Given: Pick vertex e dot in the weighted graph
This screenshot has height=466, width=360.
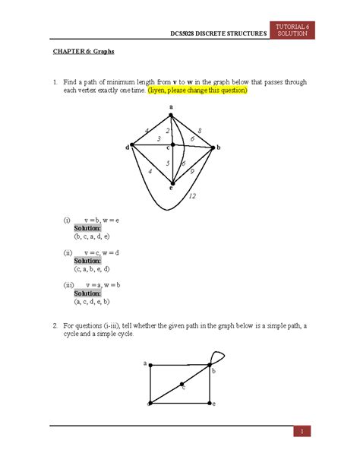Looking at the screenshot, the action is click(173, 183).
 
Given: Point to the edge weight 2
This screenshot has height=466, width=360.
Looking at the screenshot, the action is click(168, 131).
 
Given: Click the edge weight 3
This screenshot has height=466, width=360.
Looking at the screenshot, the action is click(158, 139).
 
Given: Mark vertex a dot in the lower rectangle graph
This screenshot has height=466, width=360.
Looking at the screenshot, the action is click(150, 366).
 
